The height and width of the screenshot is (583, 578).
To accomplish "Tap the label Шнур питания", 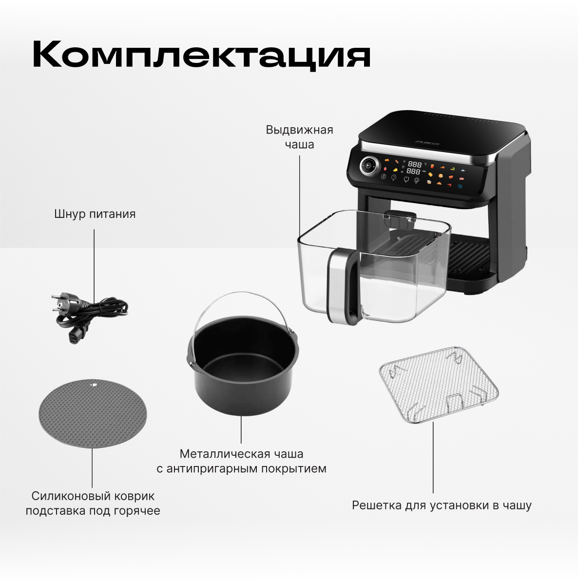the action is [95, 214].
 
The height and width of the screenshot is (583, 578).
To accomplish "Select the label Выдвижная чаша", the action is [299, 137].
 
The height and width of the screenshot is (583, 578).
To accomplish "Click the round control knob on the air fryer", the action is [369, 165].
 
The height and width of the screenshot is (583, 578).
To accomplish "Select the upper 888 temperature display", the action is [414, 164].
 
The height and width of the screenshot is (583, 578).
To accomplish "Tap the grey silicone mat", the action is [93, 413].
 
